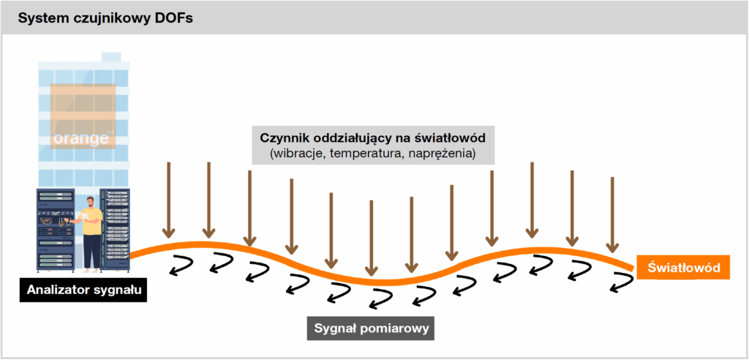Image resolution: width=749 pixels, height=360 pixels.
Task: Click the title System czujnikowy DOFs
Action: pos(101,18)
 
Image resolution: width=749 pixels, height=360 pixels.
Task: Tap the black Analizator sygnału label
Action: pos(82,290)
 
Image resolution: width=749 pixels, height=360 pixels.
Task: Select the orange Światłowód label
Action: pos(683,269)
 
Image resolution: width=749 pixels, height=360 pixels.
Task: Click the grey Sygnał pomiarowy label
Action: pos(370,327)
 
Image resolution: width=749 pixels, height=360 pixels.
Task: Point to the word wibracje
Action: pos(296,154)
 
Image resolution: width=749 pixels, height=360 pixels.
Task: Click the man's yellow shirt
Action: pos(91,222)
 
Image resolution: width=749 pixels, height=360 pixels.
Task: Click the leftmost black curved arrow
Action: pos(178,266)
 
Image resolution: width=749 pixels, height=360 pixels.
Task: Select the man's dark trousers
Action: pos(91,251)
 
